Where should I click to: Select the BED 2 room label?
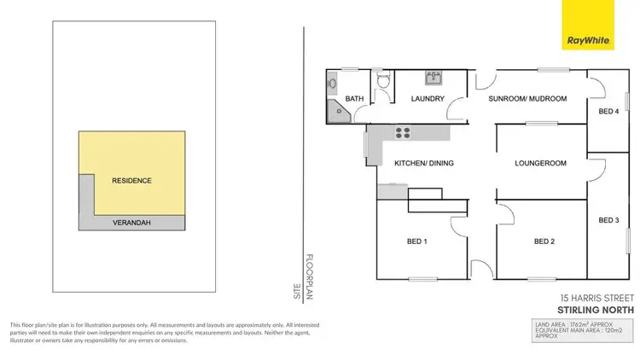(x=544, y=241)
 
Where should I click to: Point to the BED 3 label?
(x=608, y=220)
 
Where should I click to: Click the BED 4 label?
(x=608, y=112)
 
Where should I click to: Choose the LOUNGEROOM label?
(x=541, y=162)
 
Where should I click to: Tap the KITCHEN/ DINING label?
(x=423, y=162)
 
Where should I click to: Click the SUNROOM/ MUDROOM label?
(x=527, y=99)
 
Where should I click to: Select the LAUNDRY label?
(x=428, y=99)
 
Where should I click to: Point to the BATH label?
(x=355, y=99)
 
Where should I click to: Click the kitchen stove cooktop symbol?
(x=402, y=132)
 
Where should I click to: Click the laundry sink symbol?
(x=432, y=76)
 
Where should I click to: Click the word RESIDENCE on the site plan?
(x=131, y=181)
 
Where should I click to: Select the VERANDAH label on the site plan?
(x=131, y=224)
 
